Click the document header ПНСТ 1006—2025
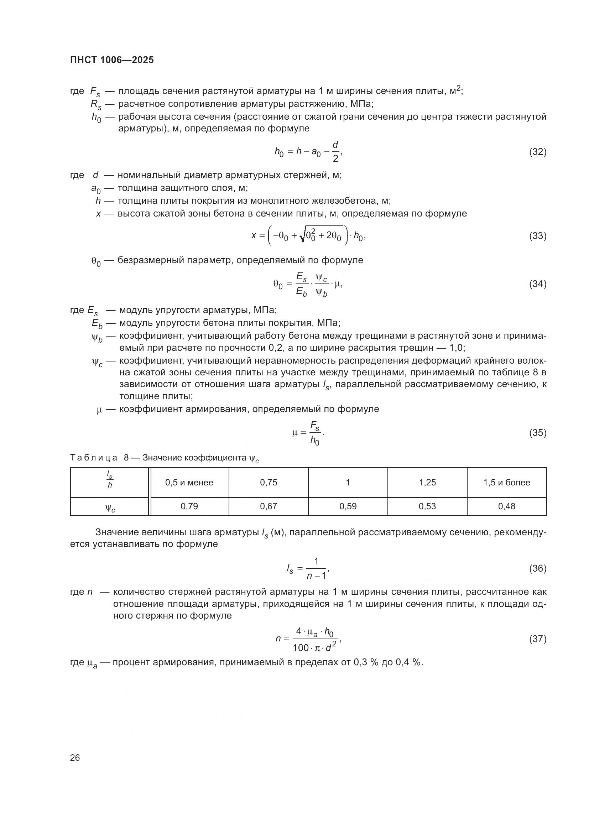tap(112, 60)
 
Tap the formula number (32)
tap(537, 152)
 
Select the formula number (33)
tap(537, 236)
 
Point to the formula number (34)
tap(537, 284)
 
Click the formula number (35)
tap(537, 432)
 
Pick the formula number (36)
tap(537, 568)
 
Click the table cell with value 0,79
tap(189, 506)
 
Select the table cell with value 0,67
tap(269, 506)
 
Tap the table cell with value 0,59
tap(348, 506)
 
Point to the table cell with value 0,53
tap(427, 506)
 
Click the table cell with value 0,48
tap(507, 506)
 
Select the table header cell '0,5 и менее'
tap(189, 483)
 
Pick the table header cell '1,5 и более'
tap(507, 483)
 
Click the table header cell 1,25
tap(427, 483)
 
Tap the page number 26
tap(75, 757)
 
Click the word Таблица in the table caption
tap(94, 458)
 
